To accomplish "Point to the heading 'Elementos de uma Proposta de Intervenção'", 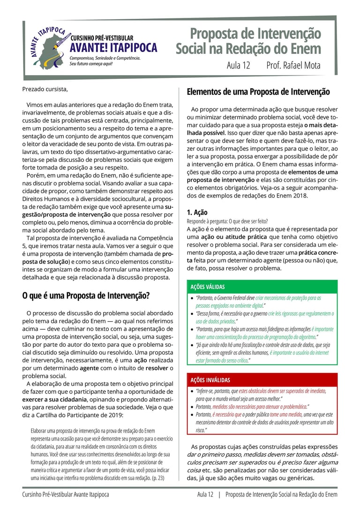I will tap(258, 91).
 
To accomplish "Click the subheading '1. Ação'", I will tap(197, 212).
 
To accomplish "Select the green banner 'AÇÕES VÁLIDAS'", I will tap(208, 287).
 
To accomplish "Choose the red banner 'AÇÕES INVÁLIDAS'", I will tap(210, 380).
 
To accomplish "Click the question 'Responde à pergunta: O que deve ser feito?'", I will tap(227, 221).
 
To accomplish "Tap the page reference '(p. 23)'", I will tap(156, 478).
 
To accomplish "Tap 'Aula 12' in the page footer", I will tap(205, 495).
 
